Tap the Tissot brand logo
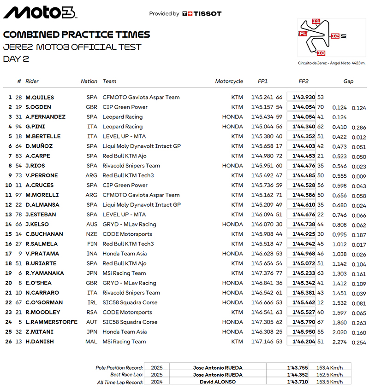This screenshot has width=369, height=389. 202,14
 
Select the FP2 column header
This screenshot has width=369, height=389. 304,81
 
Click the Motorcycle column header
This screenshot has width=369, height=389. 229,81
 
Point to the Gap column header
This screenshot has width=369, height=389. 348,81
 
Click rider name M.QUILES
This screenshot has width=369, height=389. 40,98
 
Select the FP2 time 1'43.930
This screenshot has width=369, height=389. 304,98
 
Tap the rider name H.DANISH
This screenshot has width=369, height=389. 40,342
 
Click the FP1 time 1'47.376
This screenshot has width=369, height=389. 262,273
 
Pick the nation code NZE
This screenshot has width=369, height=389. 92,234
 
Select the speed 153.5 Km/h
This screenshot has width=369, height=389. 329,382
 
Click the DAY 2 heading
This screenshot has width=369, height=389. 16,58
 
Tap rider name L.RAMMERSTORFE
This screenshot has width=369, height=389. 51,322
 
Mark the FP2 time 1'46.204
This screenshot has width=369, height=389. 304,342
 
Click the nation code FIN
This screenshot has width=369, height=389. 92,244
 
